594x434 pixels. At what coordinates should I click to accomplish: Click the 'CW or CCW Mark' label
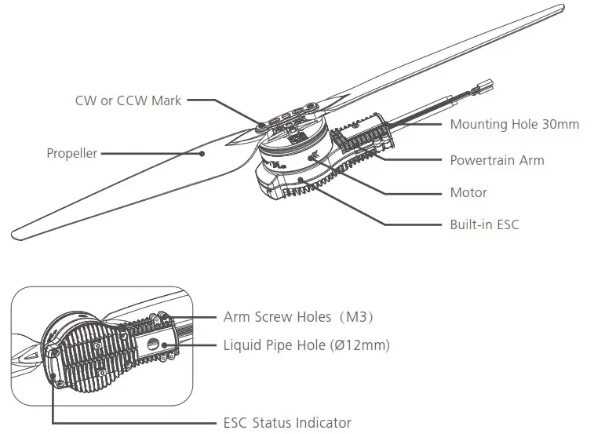click(128, 100)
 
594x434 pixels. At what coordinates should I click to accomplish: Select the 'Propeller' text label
click(71, 153)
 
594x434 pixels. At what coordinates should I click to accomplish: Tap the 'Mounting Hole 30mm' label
click(514, 124)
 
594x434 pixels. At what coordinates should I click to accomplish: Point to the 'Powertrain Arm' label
click(496, 160)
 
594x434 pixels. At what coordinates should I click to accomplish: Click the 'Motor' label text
click(468, 192)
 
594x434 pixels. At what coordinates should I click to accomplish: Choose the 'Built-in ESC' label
click(484, 224)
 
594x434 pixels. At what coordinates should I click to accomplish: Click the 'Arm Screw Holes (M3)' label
click(298, 317)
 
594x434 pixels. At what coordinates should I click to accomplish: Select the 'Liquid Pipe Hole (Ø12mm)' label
click(306, 345)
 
